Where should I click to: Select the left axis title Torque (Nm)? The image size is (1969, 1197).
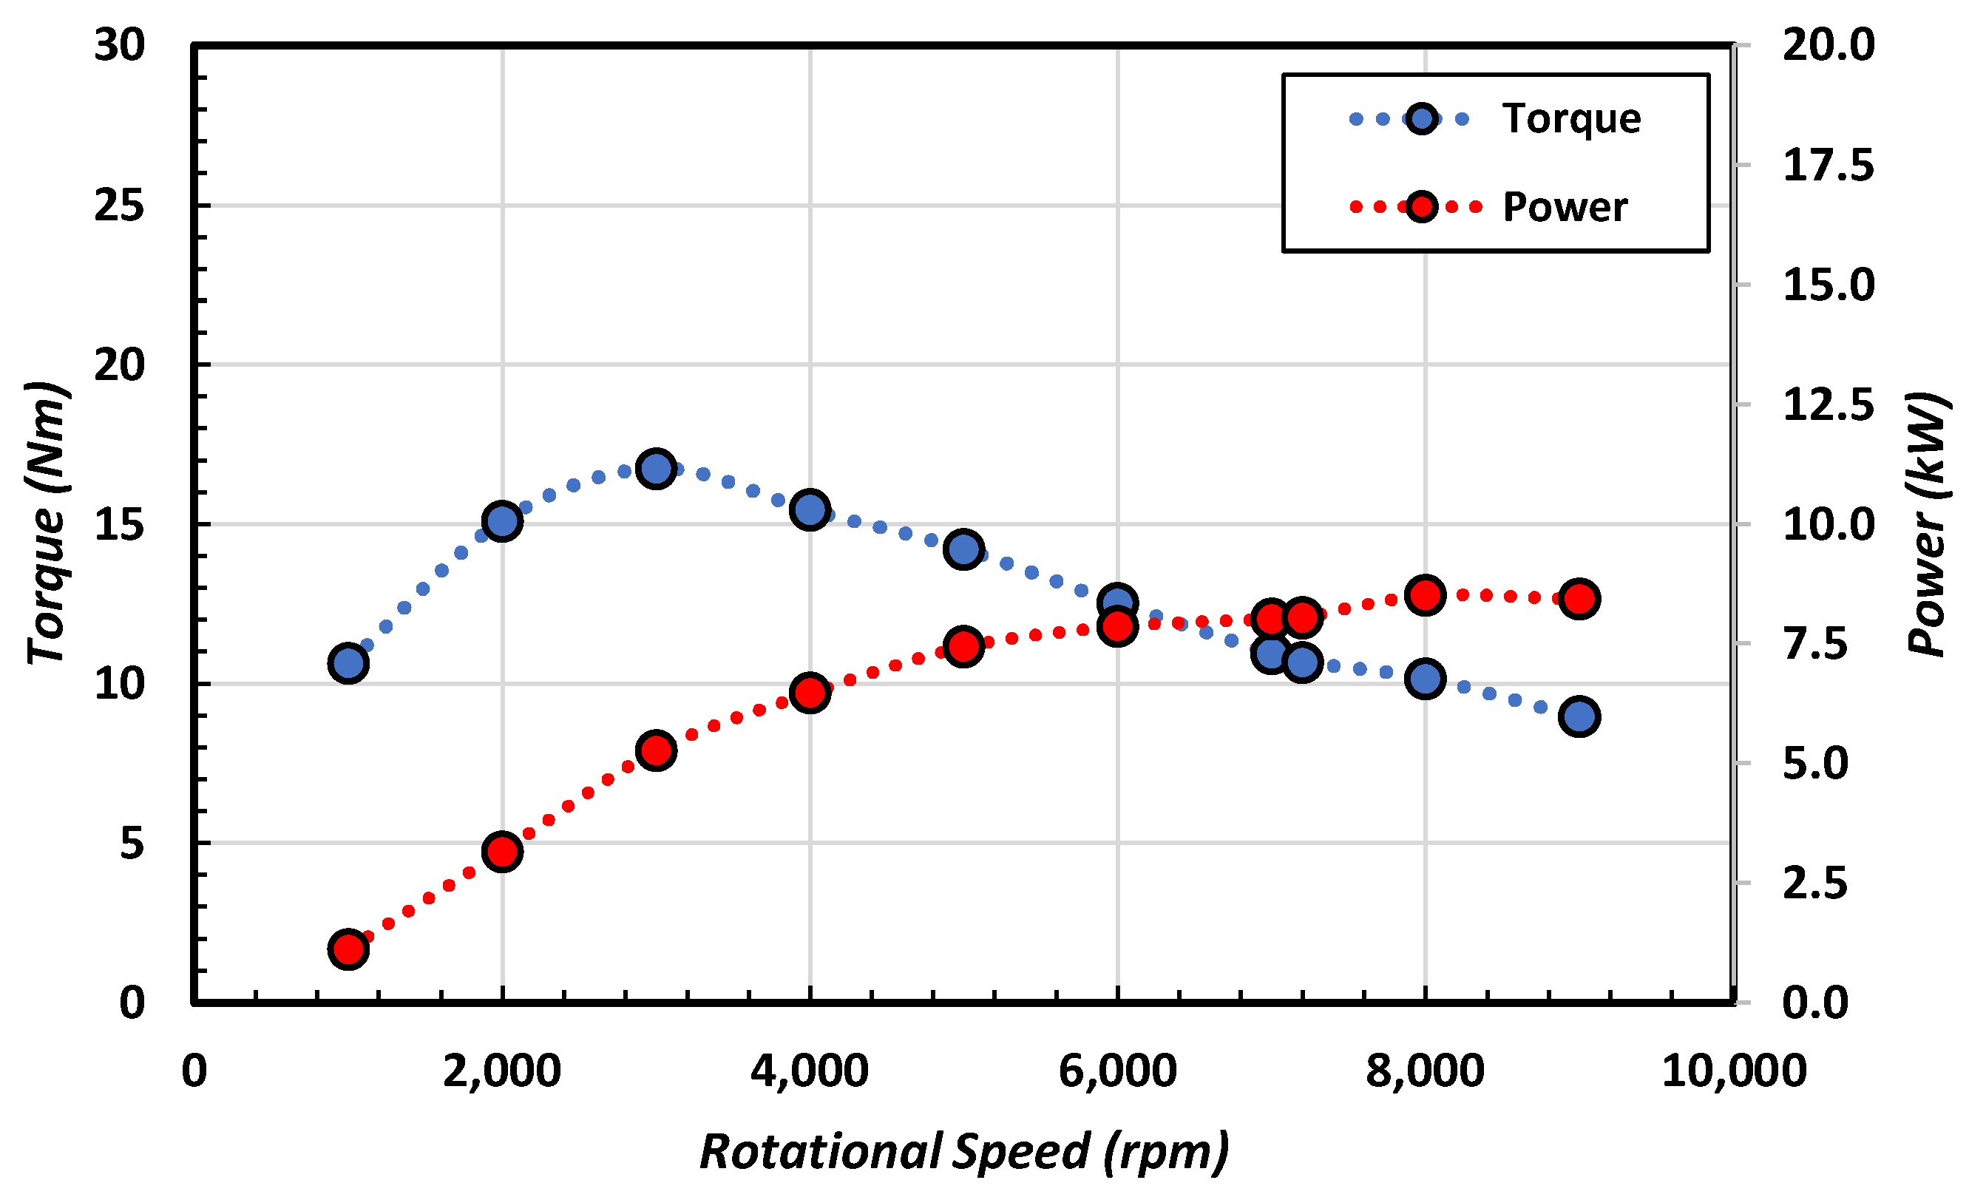point(47,523)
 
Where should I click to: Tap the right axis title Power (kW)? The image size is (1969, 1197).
point(1928,523)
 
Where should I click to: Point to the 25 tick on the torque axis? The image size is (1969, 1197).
point(119,206)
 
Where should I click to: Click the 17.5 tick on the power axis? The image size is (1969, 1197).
point(1828,166)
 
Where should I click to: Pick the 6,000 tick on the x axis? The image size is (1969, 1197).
point(1117,1071)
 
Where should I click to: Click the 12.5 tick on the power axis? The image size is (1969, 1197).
point(1828,405)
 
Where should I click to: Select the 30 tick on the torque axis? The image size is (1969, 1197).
point(119,45)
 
